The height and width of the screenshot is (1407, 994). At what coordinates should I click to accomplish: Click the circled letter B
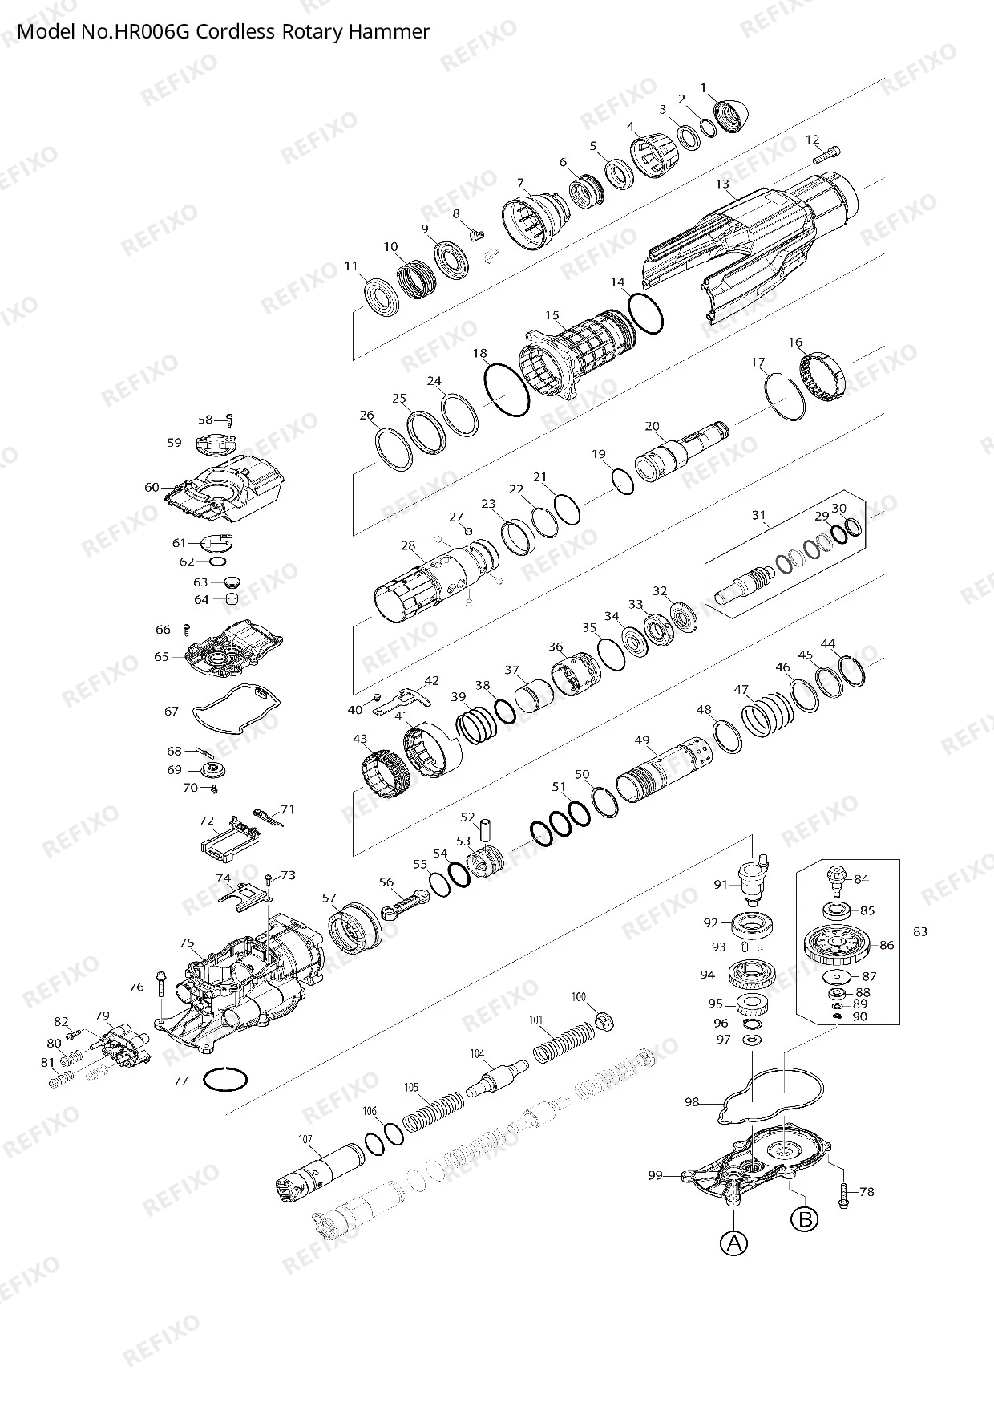pos(804,1219)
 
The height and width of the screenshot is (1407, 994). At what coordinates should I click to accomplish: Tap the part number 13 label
pos(722,184)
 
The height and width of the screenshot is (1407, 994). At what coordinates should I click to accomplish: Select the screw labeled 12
pos(827,154)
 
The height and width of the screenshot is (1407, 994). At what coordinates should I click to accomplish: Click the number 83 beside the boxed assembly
pos(920,931)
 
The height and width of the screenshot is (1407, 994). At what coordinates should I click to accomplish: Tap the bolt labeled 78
pos(843,1192)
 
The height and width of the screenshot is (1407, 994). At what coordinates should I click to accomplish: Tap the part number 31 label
pos(758,515)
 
